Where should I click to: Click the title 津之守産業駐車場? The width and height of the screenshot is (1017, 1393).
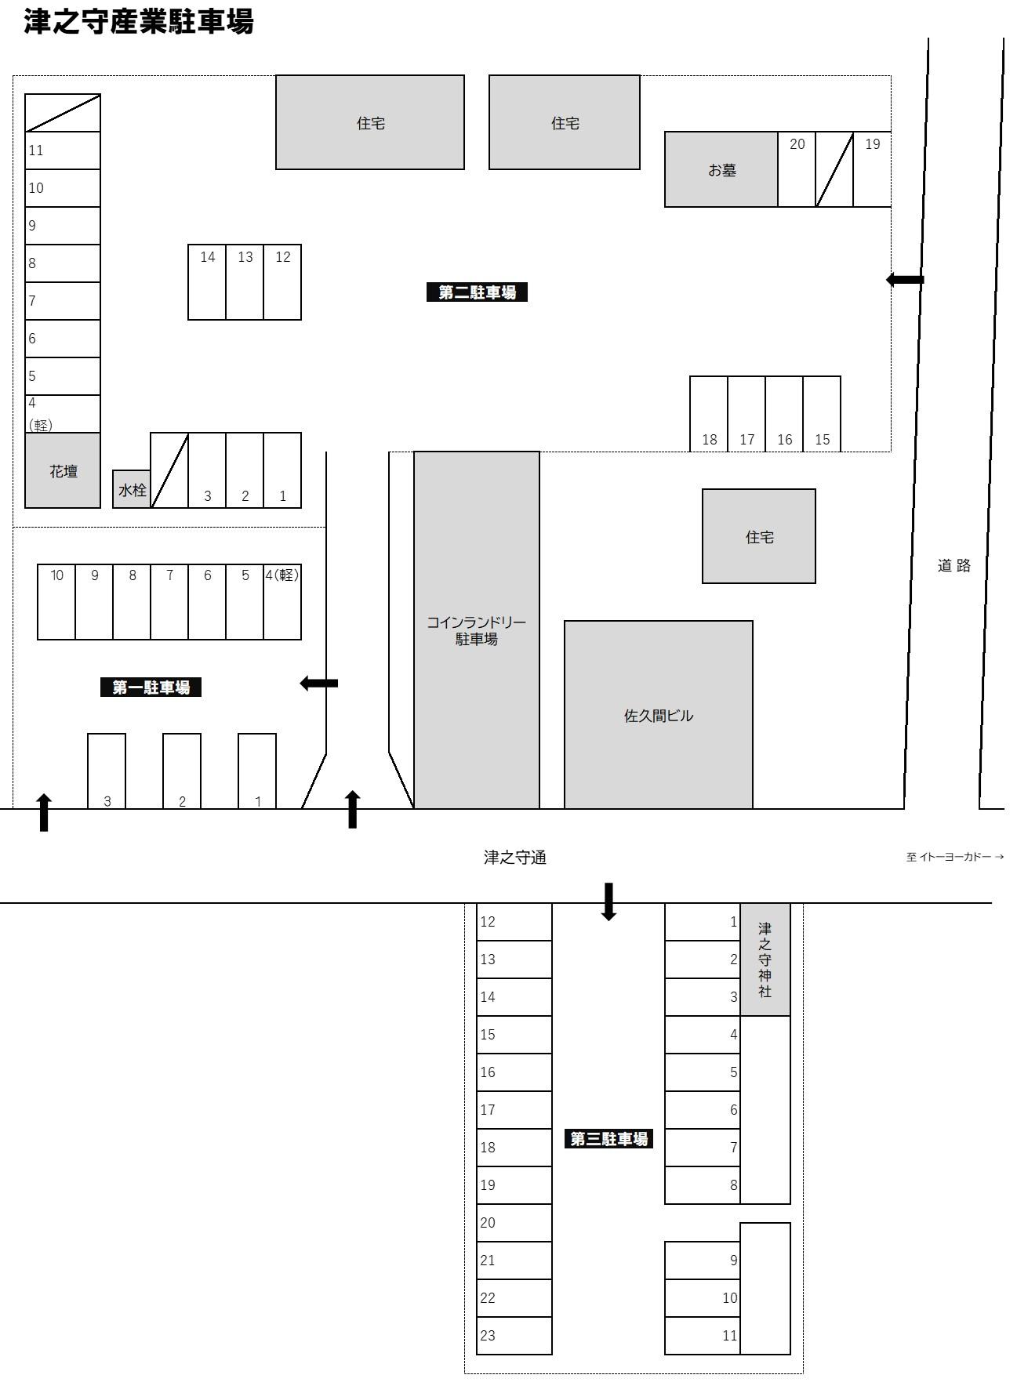coord(139,21)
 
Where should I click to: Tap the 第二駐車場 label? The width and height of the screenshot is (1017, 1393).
coord(477,292)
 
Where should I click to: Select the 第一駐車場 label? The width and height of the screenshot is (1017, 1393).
coord(151,687)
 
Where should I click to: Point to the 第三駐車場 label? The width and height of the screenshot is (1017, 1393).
coord(608,1139)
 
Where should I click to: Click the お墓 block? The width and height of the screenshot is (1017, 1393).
coord(721,169)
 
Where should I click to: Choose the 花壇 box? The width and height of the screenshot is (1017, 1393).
coord(63,470)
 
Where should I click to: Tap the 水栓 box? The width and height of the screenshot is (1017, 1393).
coord(132,489)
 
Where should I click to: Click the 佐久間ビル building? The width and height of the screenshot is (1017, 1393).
coord(659,715)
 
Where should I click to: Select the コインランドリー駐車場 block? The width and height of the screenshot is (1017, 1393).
coord(477,630)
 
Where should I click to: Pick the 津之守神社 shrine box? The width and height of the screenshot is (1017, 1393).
coord(765,960)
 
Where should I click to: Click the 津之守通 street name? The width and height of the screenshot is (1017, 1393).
coord(515,858)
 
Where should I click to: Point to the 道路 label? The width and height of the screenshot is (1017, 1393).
coord(954,565)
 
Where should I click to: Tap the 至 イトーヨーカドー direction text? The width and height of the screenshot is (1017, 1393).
coord(955,857)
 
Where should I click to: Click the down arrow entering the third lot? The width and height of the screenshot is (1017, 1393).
coord(608,901)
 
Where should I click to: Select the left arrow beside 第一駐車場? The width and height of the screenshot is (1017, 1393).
coord(319,684)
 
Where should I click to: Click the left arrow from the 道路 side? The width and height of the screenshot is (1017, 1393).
coord(905,279)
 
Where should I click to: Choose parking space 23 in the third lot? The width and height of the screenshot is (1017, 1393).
coord(514,1336)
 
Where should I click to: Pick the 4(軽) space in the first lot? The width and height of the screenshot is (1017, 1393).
coord(282,602)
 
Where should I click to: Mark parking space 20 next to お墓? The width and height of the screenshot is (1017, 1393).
coord(797,169)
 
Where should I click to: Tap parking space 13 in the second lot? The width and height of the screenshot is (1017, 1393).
coord(245,282)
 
